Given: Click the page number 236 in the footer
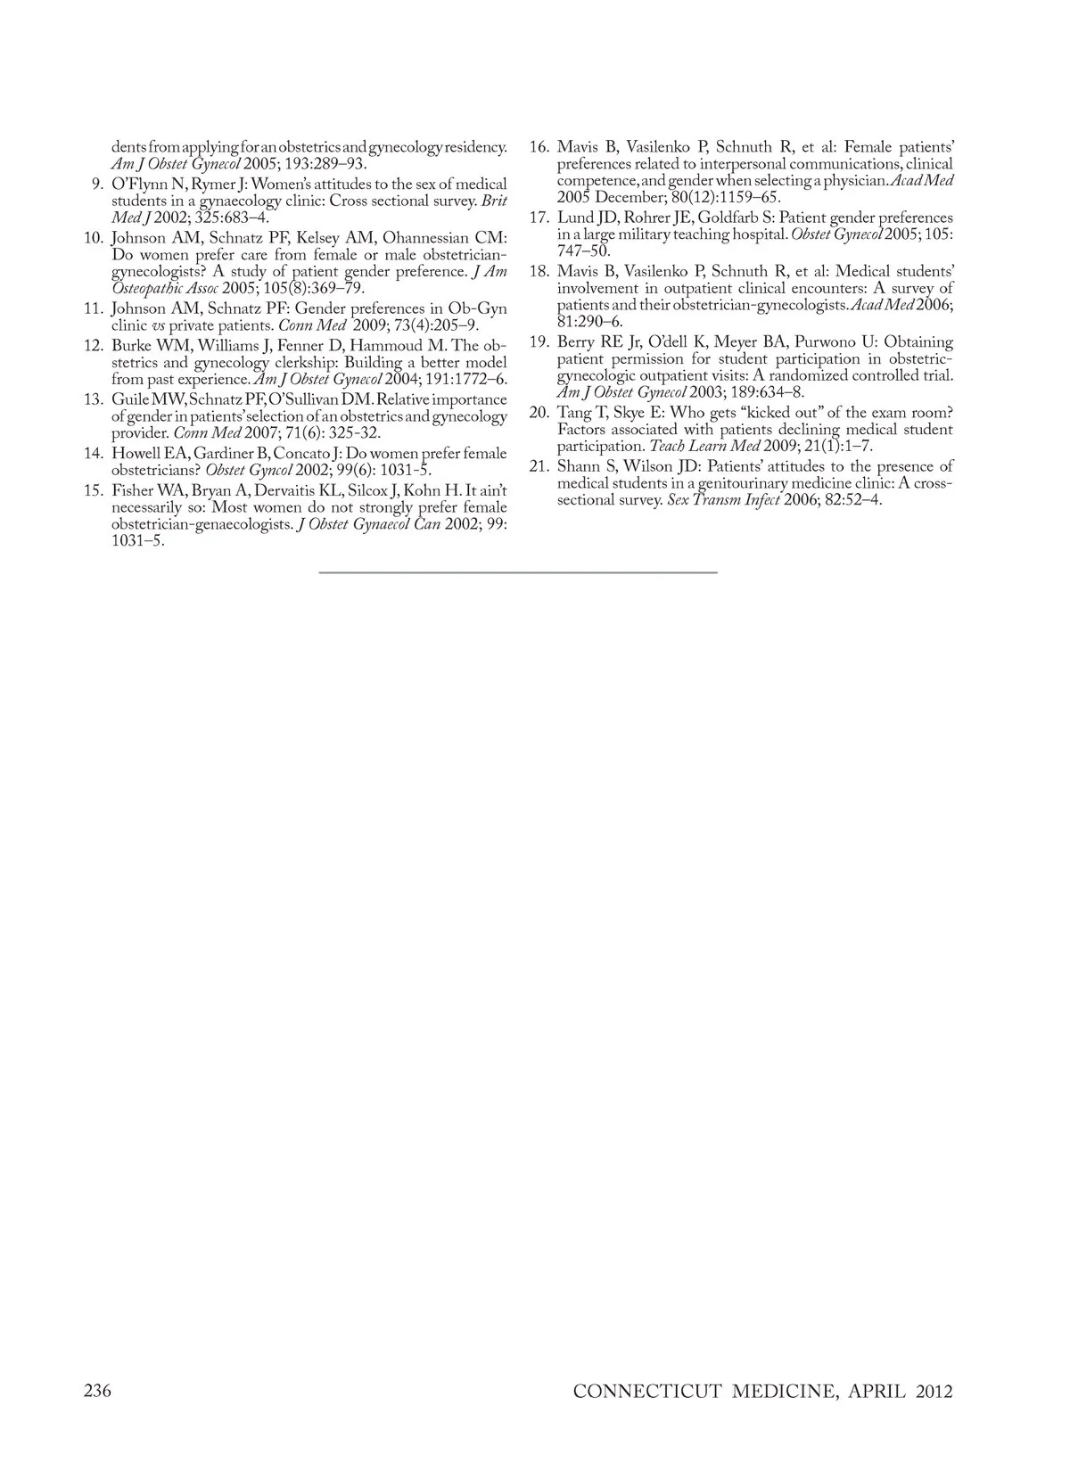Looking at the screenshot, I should coord(97,1392).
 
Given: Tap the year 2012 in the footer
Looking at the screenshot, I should coord(934,1393).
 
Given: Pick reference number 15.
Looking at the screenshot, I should coord(94,490).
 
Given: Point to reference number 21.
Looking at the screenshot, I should coord(539,466).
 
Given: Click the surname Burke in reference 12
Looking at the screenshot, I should coord(132,345).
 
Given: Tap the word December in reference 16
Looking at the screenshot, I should coord(628,197).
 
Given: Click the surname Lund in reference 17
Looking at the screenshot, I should coord(575,218).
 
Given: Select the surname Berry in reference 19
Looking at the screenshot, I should coord(578,341).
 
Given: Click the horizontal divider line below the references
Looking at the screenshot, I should coord(517,571).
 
